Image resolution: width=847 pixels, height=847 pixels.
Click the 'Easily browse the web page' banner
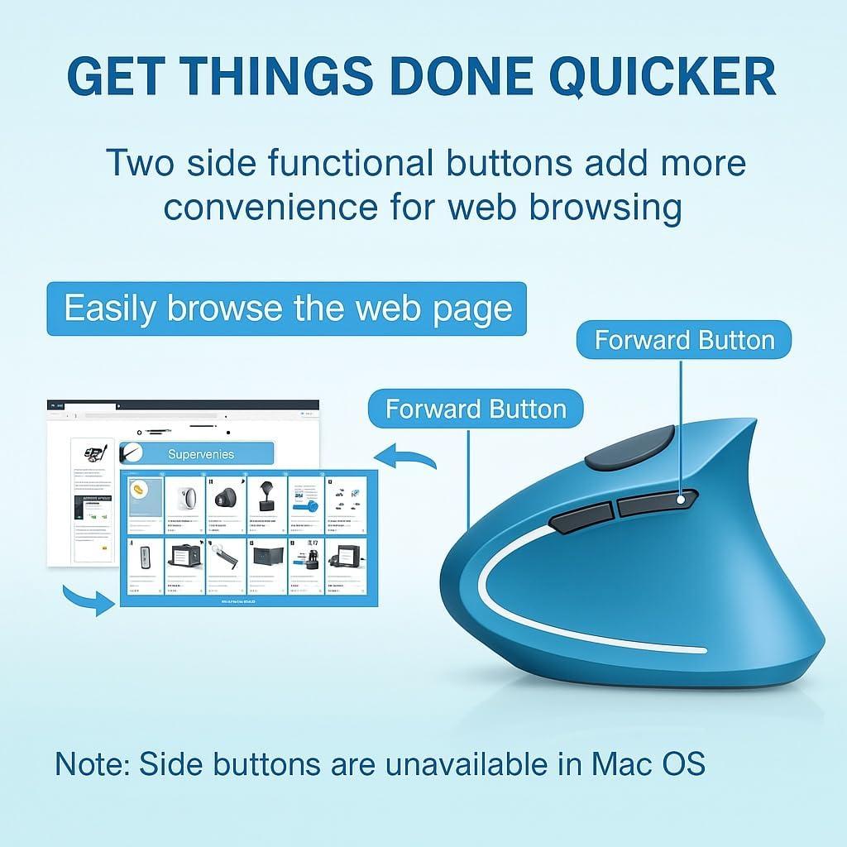coord(287,309)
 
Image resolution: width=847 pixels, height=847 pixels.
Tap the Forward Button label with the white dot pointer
coord(684,340)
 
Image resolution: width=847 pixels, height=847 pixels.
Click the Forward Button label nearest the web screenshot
coord(476,409)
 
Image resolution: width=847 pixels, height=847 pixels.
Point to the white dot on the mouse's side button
coord(681,500)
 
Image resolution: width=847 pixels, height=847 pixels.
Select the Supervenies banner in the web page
coord(199,453)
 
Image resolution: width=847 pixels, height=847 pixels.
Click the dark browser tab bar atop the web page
coord(183,405)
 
